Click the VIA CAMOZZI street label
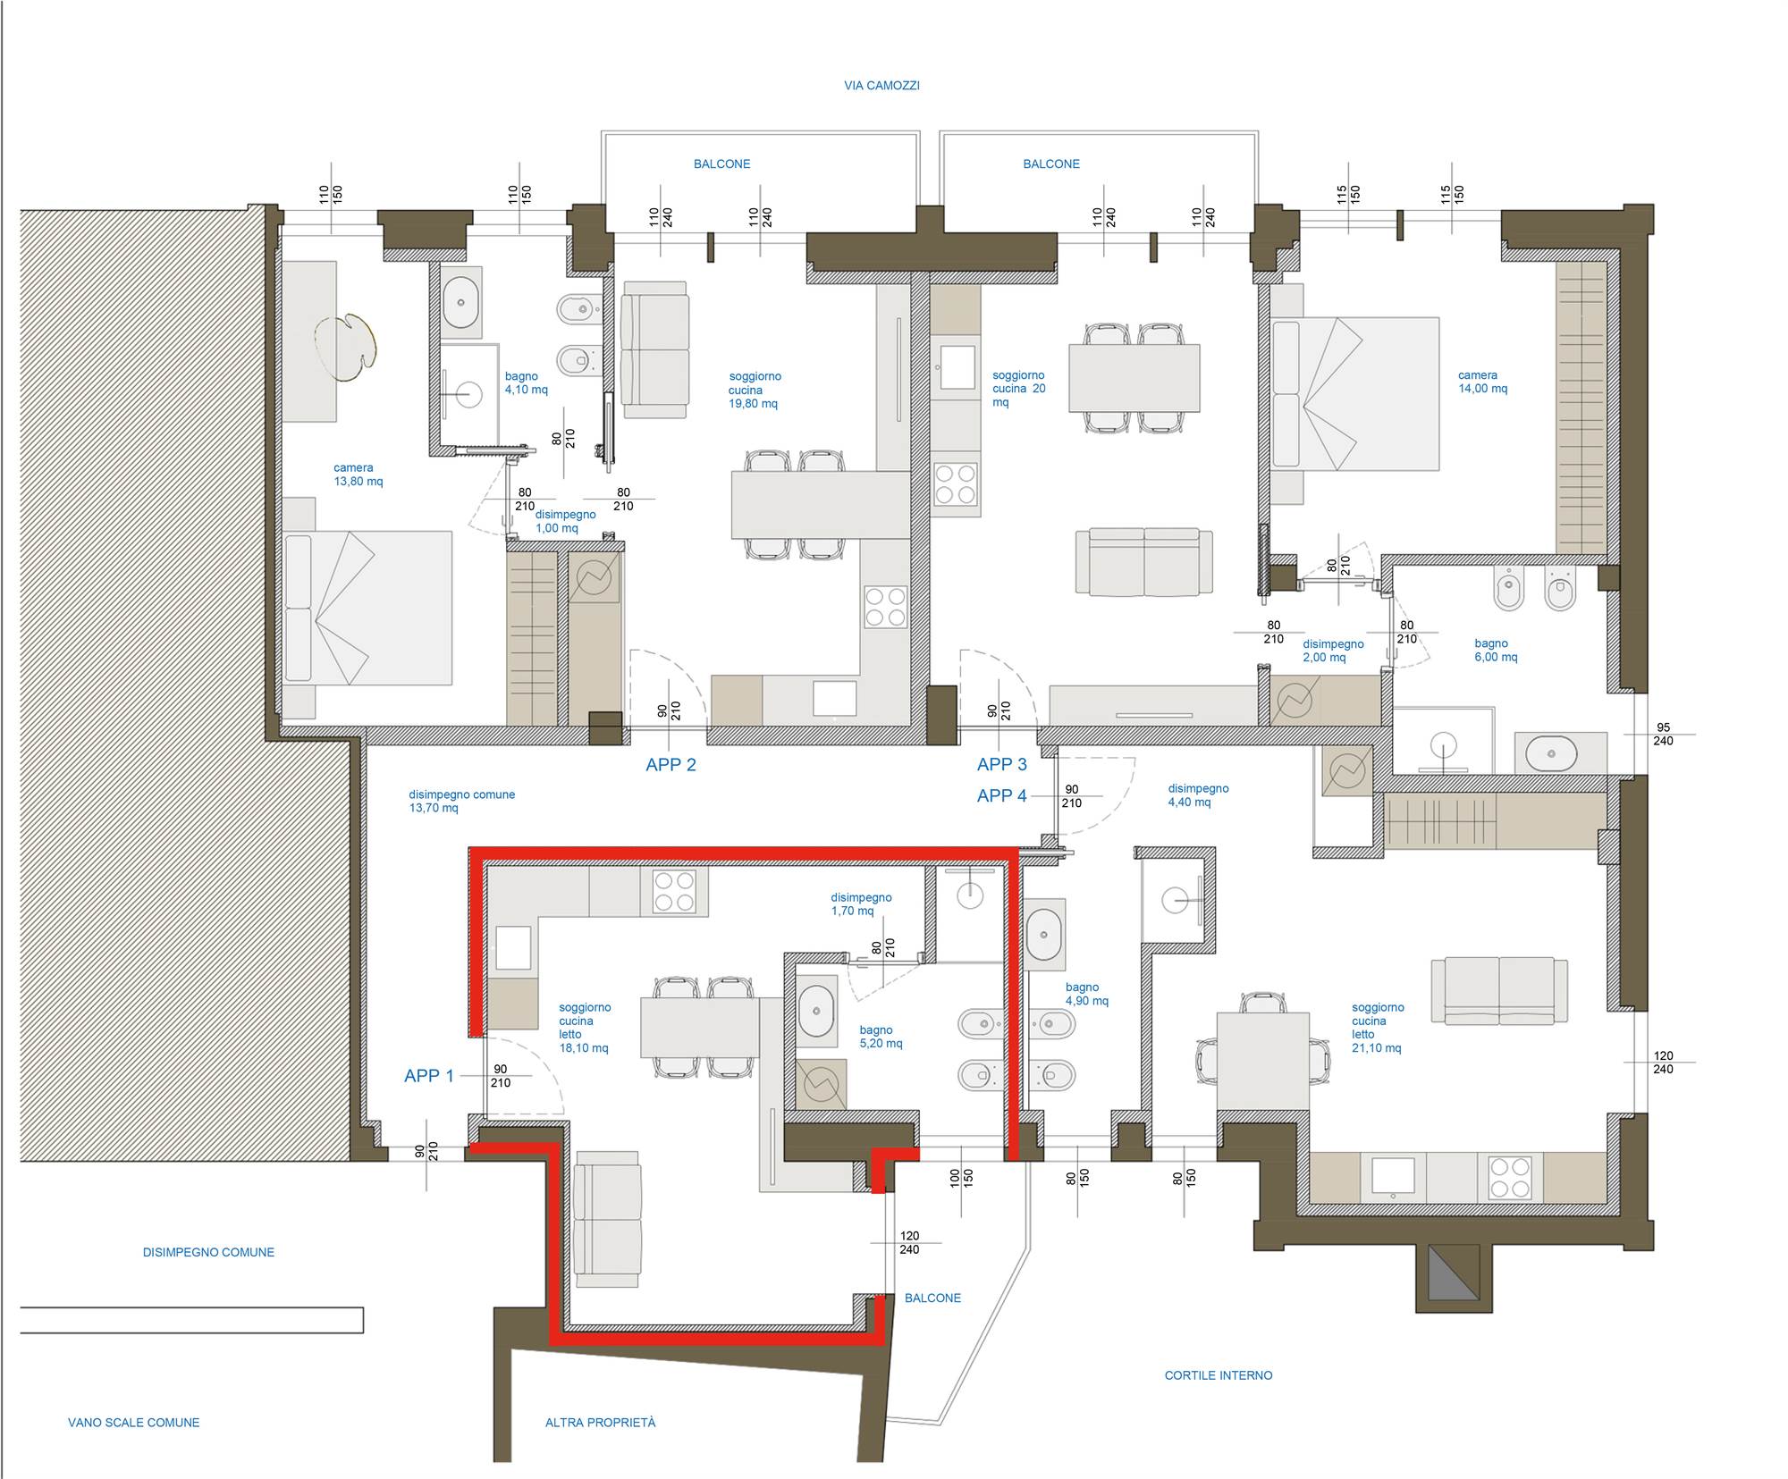(881, 86)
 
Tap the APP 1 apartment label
(429, 1076)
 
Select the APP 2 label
(670, 765)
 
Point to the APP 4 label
(1002, 795)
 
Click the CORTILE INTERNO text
(1219, 1375)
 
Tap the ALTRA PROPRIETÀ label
(601, 1422)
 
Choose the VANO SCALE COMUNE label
(134, 1422)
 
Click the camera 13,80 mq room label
(358, 475)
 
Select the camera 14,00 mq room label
(1483, 382)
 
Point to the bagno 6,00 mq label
(1496, 650)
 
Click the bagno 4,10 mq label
(527, 383)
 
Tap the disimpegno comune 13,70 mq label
(461, 801)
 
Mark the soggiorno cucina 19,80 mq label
(755, 390)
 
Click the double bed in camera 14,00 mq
(1355, 393)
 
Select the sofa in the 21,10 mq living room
(1499, 990)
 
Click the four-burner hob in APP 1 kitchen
(674, 891)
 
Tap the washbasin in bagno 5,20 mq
(815, 1011)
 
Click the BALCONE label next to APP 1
(932, 1298)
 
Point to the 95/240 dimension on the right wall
(1663, 734)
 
